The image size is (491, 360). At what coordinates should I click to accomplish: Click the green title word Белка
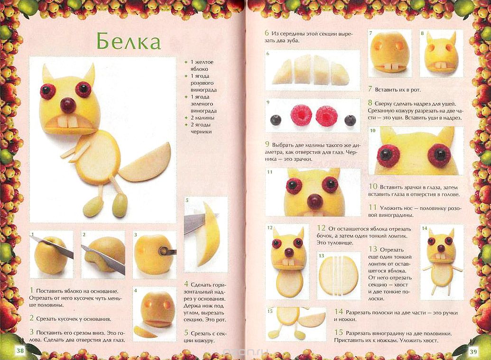pos(129,41)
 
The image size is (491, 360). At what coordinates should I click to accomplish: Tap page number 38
pos(20,351)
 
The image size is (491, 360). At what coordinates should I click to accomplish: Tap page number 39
pos(473,351)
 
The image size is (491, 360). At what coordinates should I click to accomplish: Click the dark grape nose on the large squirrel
pos(68,105)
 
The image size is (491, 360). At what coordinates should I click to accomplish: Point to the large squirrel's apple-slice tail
pos(145,164)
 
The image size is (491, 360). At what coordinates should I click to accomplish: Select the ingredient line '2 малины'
pos(202,118)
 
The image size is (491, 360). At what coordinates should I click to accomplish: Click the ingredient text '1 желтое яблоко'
pos(202,65)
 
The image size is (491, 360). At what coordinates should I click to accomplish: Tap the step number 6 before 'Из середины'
pos(267,33)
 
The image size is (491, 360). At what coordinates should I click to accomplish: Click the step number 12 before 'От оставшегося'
pos(321,228)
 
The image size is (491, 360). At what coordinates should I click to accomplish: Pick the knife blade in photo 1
pos(52,246)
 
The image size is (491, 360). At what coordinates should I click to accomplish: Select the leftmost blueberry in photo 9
pos(276,120)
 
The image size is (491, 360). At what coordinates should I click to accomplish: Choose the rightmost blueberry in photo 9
pos(350,120)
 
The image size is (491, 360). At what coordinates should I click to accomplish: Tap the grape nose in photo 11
pos(315,201)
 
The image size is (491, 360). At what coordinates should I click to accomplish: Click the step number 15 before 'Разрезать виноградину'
pos(339,333)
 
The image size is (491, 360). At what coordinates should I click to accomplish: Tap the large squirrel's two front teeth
pos(68,122)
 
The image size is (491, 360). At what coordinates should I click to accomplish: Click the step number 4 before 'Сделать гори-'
pos(186,284)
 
